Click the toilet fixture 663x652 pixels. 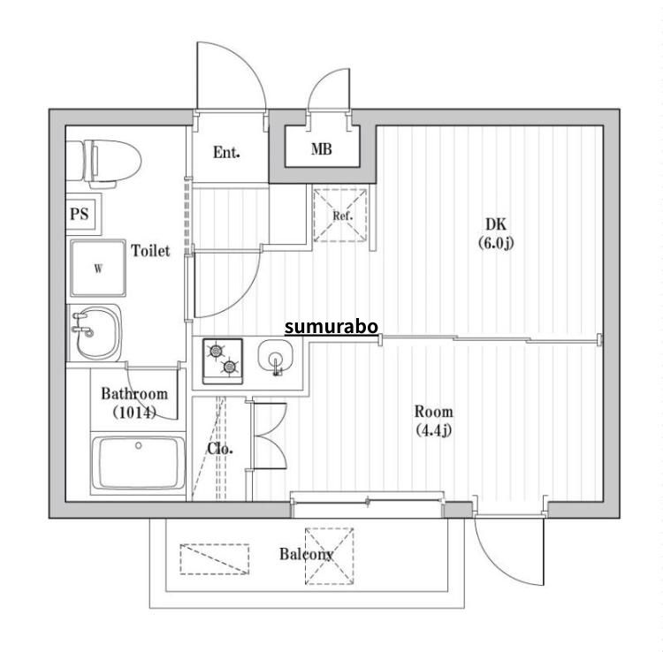coord(103,163)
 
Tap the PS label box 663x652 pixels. coord(83,214)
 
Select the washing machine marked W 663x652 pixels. coord(98,268)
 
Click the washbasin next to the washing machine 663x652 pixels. coord(95,332)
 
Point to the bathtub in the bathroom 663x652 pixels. coord(138,464)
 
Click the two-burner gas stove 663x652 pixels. coord(223,360)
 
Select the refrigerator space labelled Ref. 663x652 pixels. coord(340,215)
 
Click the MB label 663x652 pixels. coord(322,148)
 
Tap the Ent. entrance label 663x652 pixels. coord(226,152)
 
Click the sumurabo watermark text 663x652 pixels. coord(331,327)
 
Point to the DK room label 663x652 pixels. coord(496,224)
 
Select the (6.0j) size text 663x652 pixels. coord(496,243)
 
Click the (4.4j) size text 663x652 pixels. coord(434,430)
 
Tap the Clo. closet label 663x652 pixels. coord(220,449)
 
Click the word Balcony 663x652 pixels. coord(307,554)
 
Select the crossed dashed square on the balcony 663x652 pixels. coord(330,556)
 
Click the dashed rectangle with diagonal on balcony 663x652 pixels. coord(215,559)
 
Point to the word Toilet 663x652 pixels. coord(150,251)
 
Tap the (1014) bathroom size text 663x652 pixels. coord(134,413)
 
